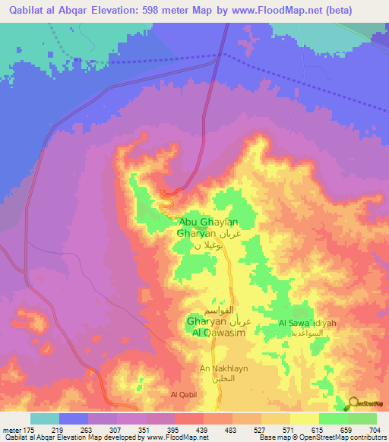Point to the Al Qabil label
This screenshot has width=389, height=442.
184,394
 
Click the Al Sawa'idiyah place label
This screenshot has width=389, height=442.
307,324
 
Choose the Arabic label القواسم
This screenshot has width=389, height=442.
218,312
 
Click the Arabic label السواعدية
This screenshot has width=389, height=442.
312,333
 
